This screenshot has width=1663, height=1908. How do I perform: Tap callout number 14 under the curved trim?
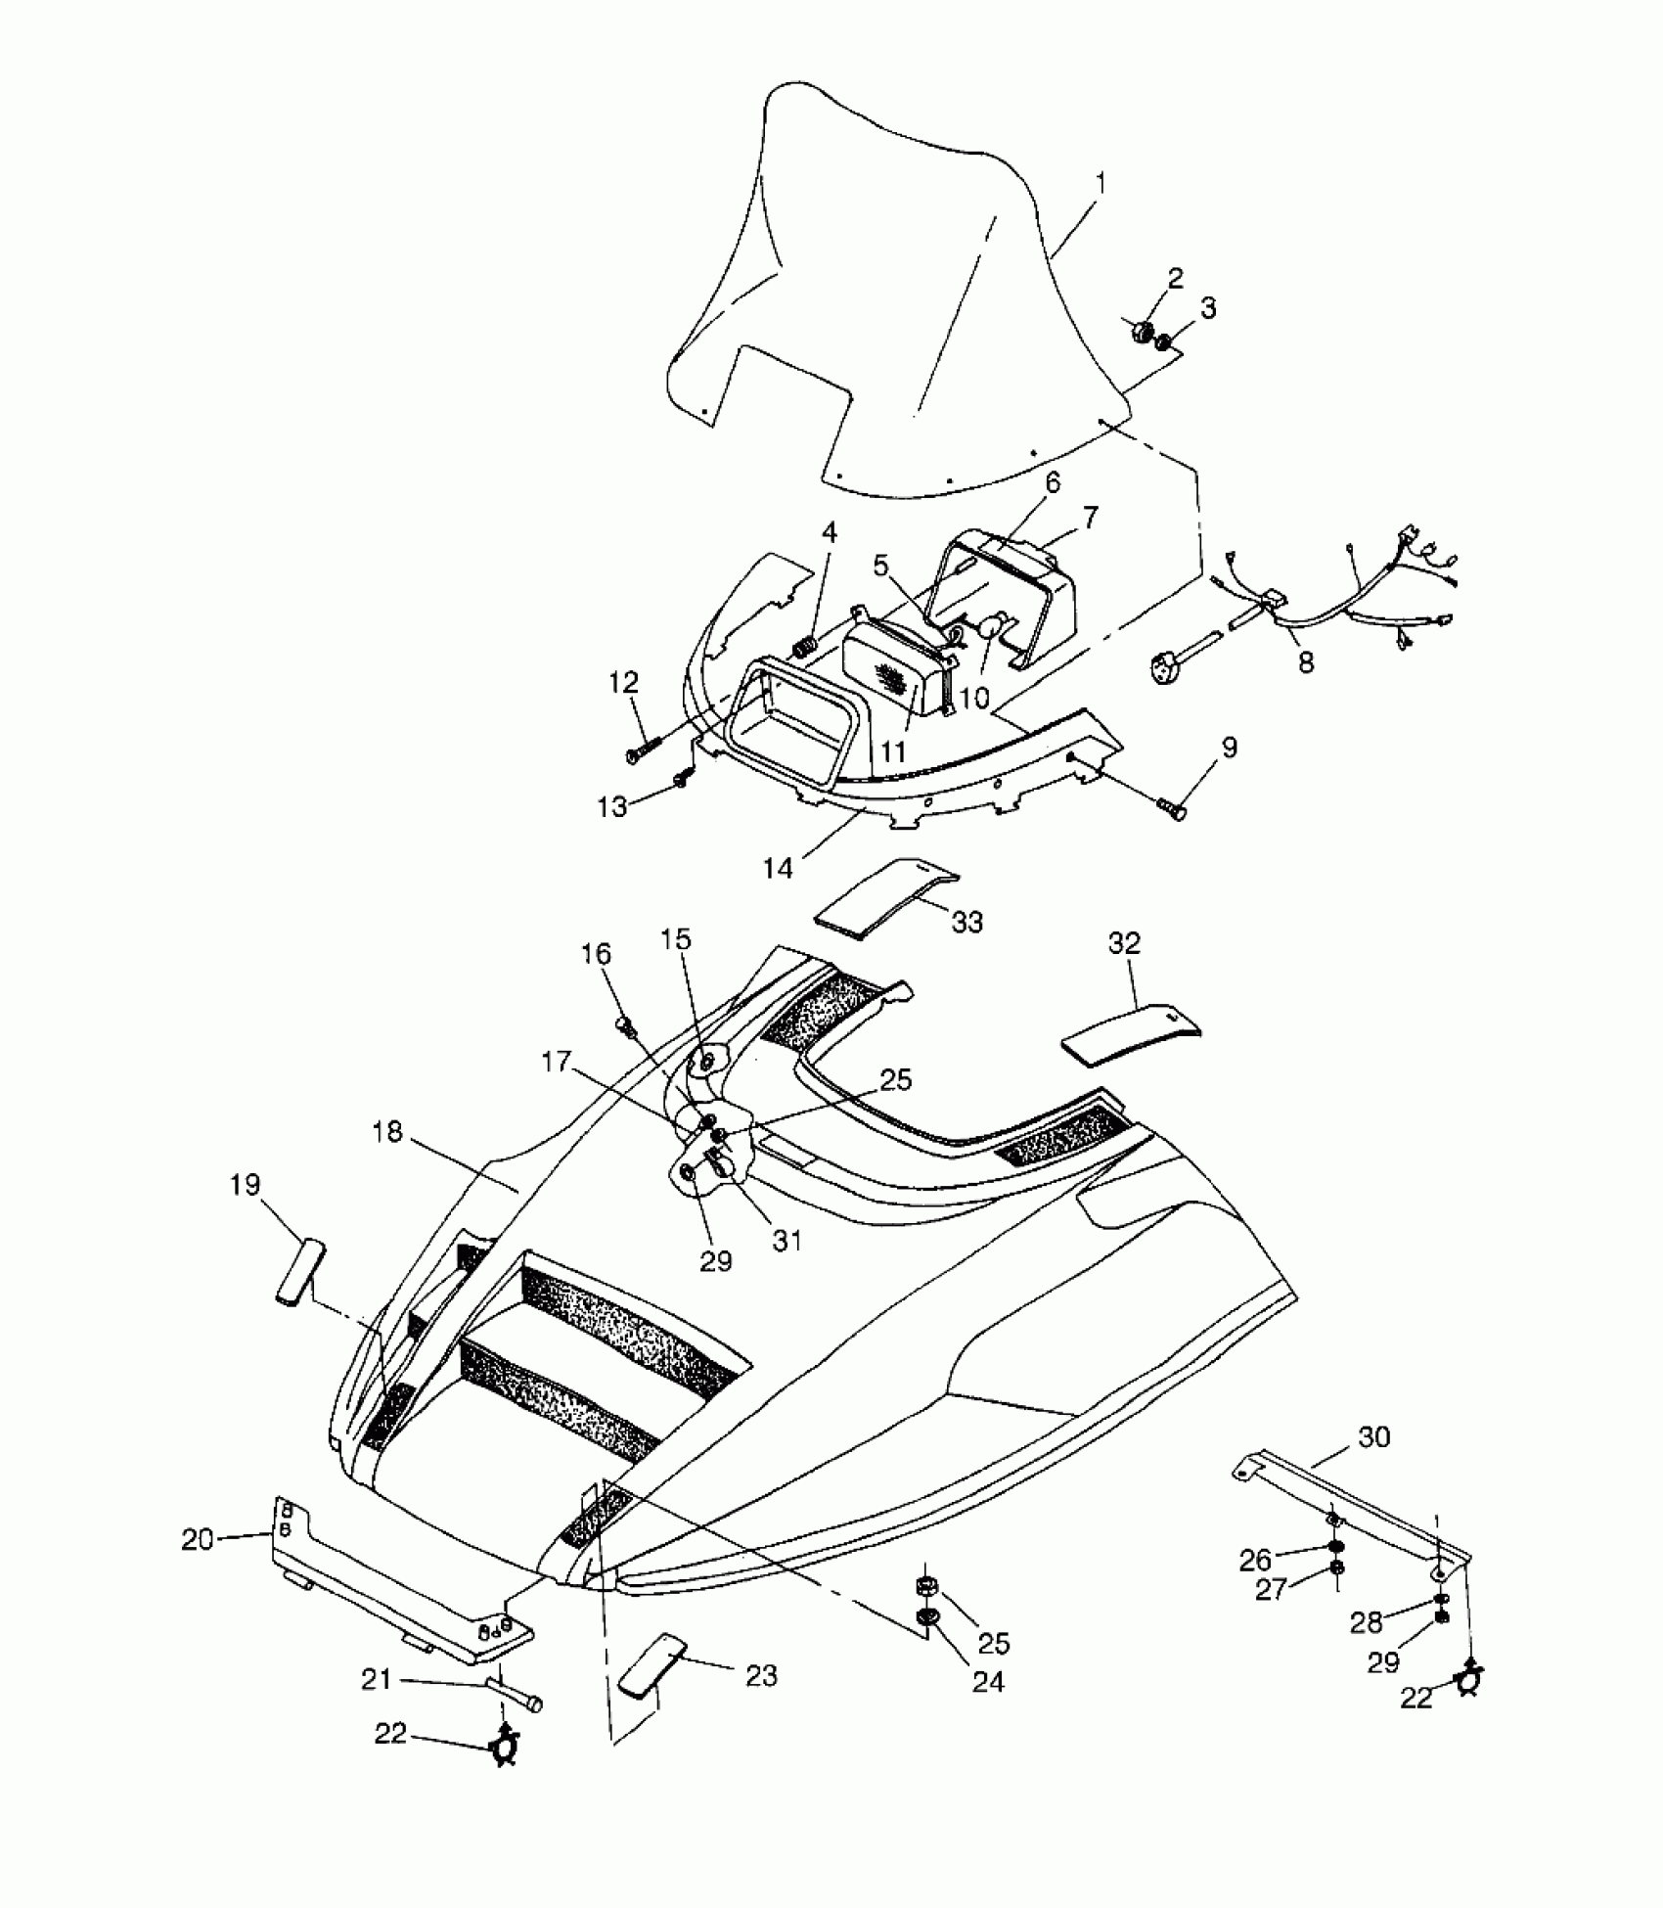(x=779, y=867)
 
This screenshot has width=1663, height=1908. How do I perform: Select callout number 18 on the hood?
(x=387, y=1132)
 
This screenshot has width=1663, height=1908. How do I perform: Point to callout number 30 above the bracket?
(x=1373, y=1437)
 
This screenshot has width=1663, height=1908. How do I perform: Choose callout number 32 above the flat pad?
(x=1125, y=943)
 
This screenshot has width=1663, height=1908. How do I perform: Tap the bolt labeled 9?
(x=1173, y=808)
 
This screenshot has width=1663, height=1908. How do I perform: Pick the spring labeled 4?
(x=804, y=646)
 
